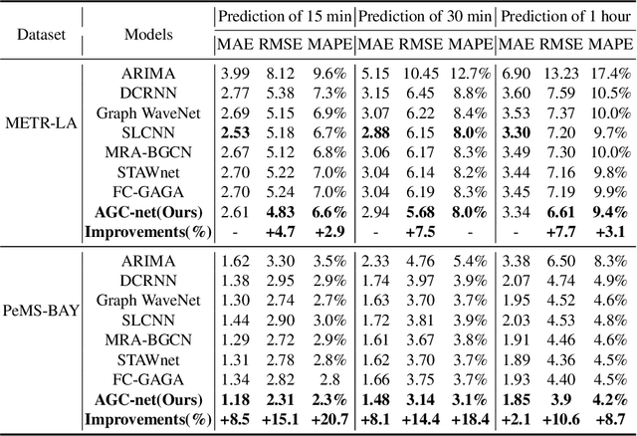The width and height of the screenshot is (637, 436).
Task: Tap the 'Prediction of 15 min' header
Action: point(283,15)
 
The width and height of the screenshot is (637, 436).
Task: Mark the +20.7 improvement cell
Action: point(326,419)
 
